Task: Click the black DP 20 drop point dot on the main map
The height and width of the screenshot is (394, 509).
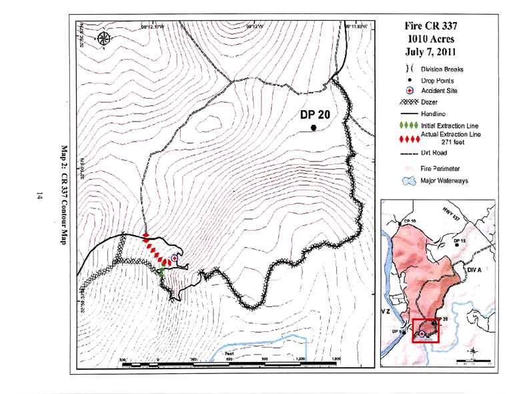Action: [x=314, y=128]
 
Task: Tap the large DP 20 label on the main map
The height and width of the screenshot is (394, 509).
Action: [x=315, y=114]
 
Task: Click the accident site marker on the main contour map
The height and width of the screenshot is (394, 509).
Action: [x=175, y=257]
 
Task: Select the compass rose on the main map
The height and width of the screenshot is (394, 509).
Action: [x=104, y=39]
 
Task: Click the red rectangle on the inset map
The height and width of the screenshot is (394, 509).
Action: [x=426, y=331]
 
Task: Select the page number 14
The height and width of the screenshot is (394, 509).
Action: [x=41, y=196]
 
